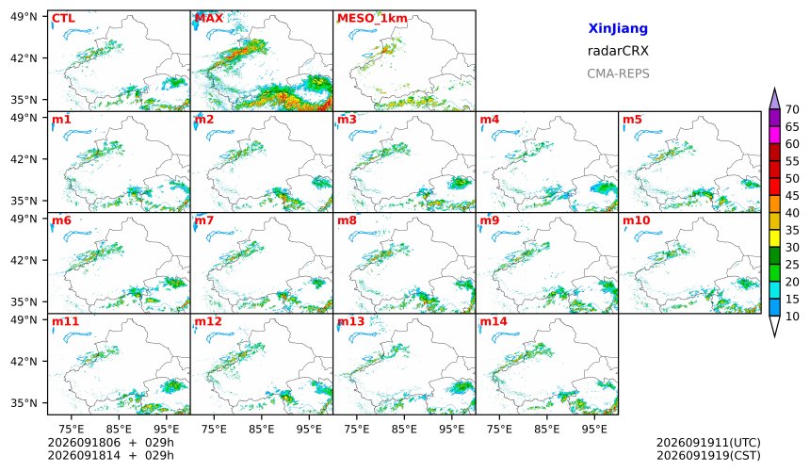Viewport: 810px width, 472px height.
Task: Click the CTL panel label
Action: [63, 19]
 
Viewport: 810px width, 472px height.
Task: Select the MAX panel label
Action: [209, 19]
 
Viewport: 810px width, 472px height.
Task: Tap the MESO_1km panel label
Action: [372, 19]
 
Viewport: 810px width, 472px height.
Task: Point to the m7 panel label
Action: [204, 220]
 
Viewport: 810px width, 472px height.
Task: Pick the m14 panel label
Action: [494, 321]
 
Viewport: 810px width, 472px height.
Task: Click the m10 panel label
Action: [636, 220]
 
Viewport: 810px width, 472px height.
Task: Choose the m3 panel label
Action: [347, 120]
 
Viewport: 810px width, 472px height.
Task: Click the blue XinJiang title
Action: [618, 28]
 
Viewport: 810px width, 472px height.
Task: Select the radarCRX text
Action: [618, 51]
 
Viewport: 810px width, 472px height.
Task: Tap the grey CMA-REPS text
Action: [618, 73]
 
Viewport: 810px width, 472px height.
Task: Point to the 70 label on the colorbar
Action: [792, 109]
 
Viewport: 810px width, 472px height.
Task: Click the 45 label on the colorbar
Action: [792, 196]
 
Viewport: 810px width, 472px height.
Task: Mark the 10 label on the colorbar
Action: [792, 317]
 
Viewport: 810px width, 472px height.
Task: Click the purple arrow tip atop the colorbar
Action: [774, 89]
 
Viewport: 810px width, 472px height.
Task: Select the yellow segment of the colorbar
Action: [774, 239]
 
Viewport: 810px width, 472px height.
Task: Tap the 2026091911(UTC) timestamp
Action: [708, 443]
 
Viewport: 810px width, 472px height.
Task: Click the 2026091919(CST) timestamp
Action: [708, 455]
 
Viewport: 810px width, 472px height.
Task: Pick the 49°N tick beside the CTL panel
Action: [24, 17]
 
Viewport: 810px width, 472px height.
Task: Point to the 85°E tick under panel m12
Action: [262, 429]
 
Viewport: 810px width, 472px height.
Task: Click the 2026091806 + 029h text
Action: [110, 443]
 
